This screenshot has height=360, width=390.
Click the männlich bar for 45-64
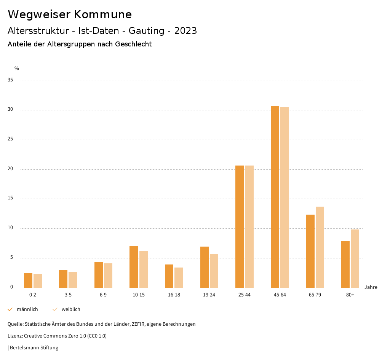point(275,197)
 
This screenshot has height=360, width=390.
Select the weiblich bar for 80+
point(355,259)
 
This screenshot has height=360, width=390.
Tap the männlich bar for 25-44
point(240,227)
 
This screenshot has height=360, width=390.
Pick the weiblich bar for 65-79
point(320,247)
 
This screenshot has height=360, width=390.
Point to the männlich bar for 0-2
point(28,280)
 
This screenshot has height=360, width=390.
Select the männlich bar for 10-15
point(134,267)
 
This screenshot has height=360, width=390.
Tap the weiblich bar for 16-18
point(179,278)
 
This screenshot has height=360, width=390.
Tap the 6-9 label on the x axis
point(103,295)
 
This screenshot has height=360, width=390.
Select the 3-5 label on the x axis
point(68,295)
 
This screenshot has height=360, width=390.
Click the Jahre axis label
point(371,287)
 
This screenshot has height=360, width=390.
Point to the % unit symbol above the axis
point(17,68)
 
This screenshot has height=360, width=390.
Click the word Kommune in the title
point(103,14)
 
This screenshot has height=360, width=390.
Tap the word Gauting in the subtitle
point(147,31)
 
